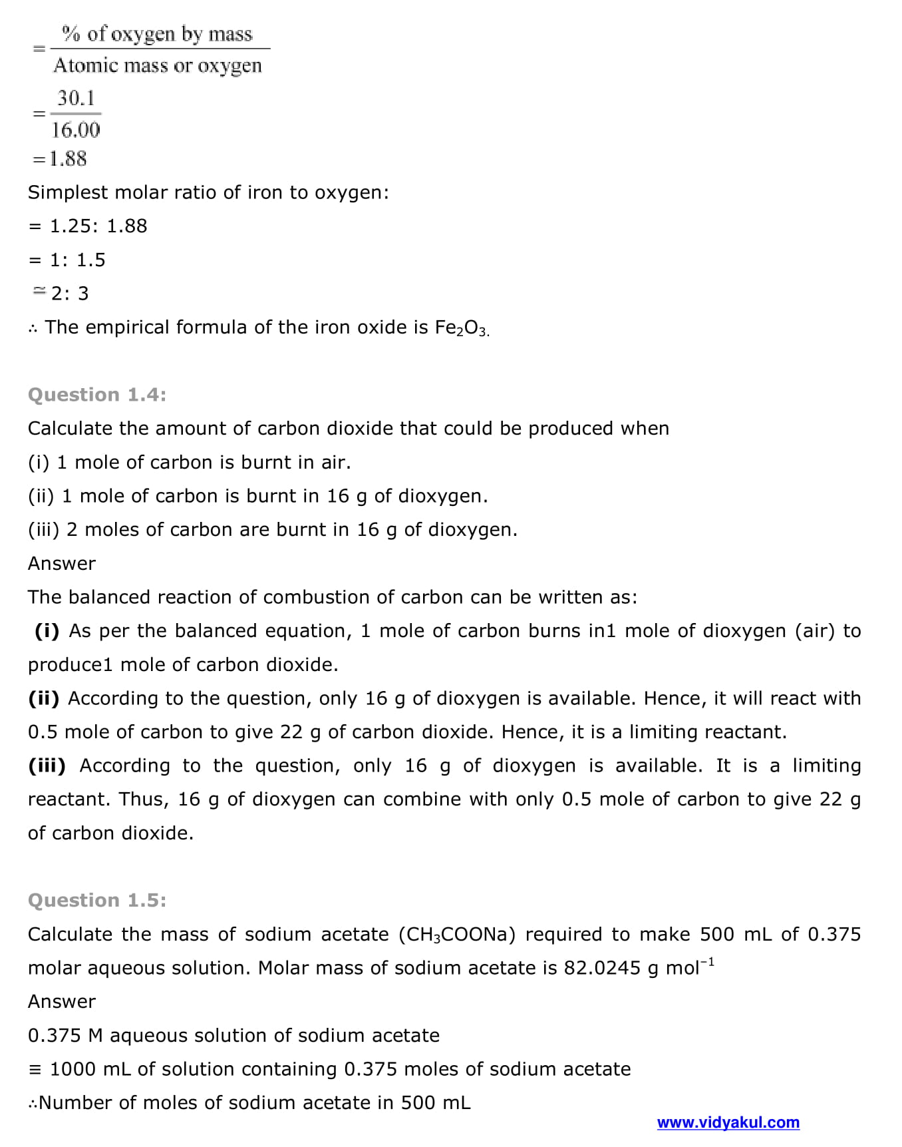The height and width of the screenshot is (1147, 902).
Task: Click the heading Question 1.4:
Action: pyautogui.click(x=97, y=395)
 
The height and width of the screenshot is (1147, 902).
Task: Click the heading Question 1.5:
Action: pyautogui.click(x=97, y=900)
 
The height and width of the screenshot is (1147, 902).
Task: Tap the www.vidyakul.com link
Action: pyautogui.click(x=728, y=1122)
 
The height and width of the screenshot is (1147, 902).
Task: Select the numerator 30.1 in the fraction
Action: pyautogui.click(x=76, y=99)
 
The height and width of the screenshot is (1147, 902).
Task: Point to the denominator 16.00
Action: pyautogui.click(x=76, y=130)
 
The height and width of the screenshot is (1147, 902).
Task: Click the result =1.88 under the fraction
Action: pyautogui.click(x=60, y=159)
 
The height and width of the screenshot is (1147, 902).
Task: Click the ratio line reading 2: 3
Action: pyautogui.click(x=69, y=294)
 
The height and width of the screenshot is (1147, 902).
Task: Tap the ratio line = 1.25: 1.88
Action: pyautogui.click(x=88, y=226)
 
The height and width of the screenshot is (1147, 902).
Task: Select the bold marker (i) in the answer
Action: pyautogui.click(x=47, y=630)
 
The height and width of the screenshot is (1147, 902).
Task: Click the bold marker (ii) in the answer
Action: pyautogui.click(x=44, y=698)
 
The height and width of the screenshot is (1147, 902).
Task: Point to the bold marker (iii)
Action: pyautogui.click(x=47, y=766)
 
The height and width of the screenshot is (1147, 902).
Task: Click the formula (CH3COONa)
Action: pyautogui.click(x=457, y=935)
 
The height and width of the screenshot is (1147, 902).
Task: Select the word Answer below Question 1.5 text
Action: pyautogui.click(x=62, y=1002)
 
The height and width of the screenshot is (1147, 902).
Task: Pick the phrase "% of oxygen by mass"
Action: pyautogui.click(x=157, y=34)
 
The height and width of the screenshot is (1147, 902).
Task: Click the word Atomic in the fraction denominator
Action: pyautogui.click(x=84, y=65)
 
